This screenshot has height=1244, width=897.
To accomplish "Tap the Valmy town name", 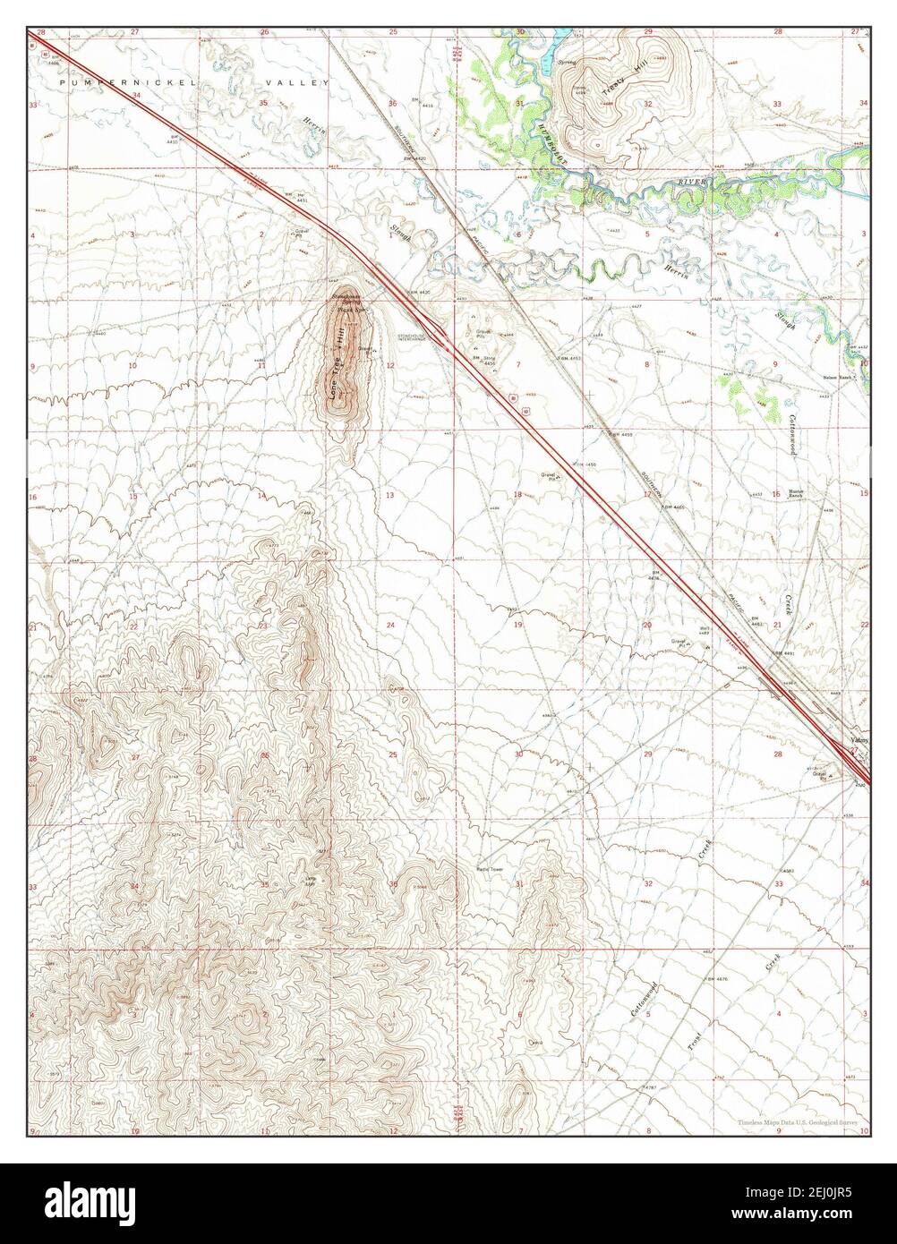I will (x=859, y=741).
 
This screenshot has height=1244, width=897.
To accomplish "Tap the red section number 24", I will (x=390, y=624).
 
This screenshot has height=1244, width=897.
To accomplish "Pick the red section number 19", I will (x=517, y=625).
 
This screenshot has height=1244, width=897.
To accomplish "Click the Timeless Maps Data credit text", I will (x=798, y=1121).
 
